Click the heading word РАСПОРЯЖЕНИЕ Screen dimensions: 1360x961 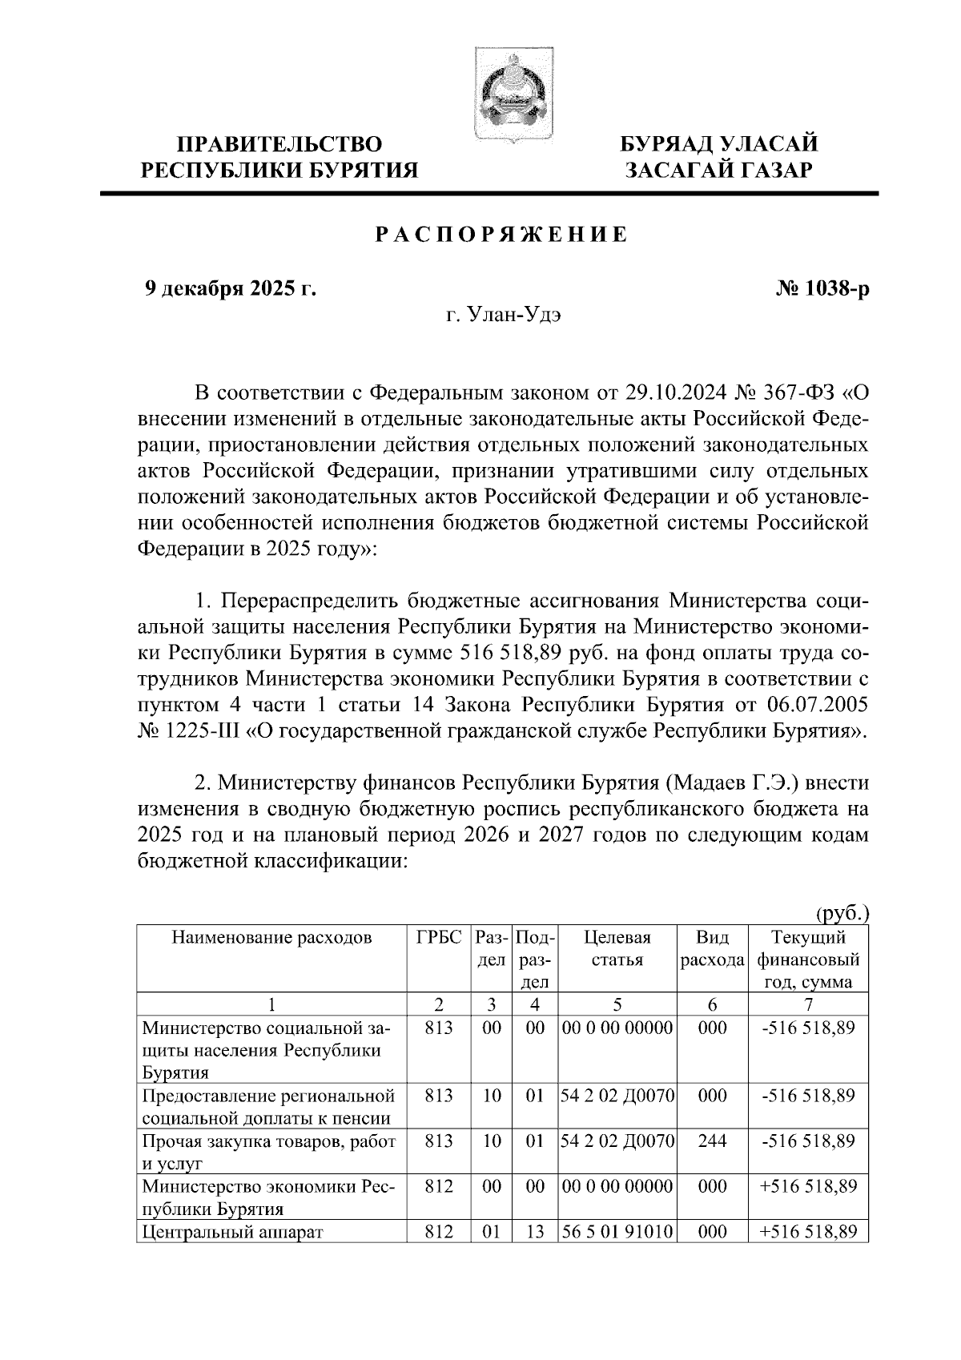click(501, 235)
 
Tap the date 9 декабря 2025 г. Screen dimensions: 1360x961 click(230, 288)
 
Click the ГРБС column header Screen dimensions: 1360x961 click(439, 937)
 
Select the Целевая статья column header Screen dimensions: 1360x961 click(617, 948)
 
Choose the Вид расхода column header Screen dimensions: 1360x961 click(712, 948)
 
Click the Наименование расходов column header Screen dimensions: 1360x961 click(272, 937)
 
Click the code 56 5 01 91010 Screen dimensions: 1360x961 click(617, 1232)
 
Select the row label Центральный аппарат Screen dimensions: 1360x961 click(231, 1232)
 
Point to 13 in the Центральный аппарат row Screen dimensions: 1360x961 click(535, 1232)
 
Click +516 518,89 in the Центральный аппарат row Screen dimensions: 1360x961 click(808, 1232)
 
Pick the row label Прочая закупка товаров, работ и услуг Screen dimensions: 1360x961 click(268, 1152)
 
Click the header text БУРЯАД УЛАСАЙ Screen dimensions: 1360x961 click(720, 144)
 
